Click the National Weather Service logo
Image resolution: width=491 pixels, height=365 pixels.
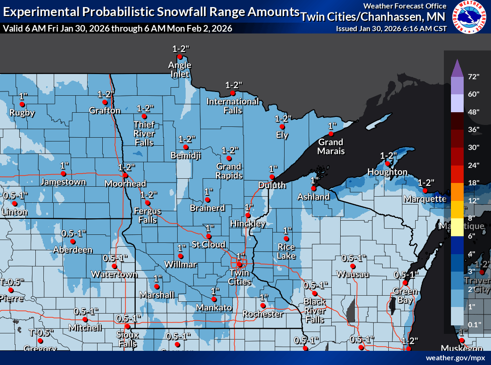click(469, 17)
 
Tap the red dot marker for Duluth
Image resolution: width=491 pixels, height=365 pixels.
click(272, 177)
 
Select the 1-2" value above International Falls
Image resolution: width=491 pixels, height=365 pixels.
click(233, 85)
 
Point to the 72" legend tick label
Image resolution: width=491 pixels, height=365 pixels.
click(474, 76)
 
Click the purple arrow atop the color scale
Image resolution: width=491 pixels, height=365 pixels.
click(456, 68)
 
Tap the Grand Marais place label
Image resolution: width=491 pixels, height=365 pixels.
click(331, 146)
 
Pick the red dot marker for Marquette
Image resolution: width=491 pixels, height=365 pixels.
click(425, 191)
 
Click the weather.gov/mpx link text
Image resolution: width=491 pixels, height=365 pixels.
click(455, 358)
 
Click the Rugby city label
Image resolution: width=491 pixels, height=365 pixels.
click(22, 113)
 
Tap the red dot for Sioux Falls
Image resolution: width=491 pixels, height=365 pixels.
click(127, 326)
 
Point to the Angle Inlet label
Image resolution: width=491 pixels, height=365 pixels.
click(180, 69)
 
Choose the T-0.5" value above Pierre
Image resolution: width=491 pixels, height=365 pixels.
click(12, 282)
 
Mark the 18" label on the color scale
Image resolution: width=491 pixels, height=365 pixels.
click(474, 182)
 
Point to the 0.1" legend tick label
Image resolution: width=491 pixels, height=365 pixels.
click(474, 324)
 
